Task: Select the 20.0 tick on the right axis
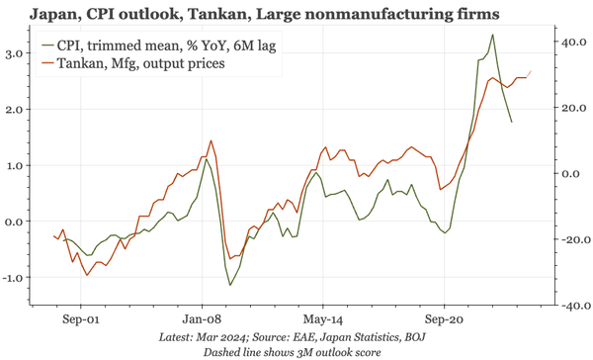click(x=573, y=108)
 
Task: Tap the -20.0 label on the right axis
click(x=571, y=240)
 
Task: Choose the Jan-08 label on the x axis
click(x=202, y=321)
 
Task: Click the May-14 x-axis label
click(x=323, y=321)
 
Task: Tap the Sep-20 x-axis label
click(x=445, y=321)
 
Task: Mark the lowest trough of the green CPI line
click(x=230, y=286)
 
